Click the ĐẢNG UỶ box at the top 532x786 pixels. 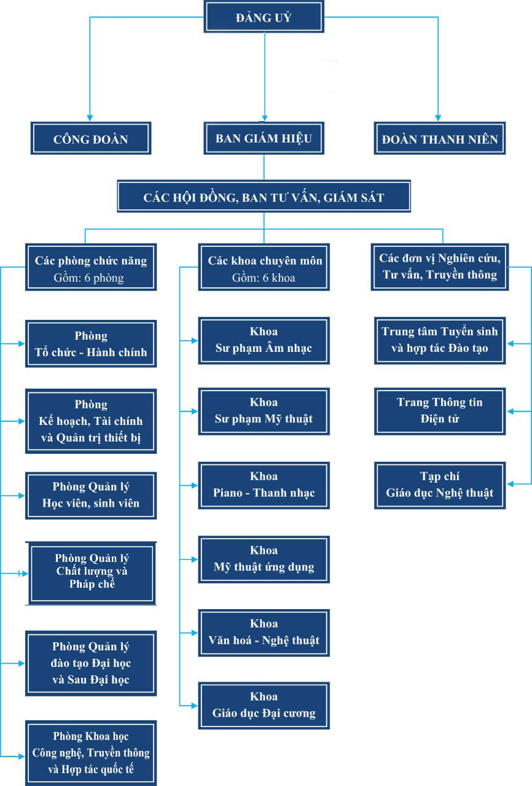(264, 17)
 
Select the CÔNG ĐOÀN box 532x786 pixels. (91, 139)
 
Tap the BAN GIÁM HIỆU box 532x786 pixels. (264, 138)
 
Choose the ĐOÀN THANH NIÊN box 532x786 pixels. (439, 139)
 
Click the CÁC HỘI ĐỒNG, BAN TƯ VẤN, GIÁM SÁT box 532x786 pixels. (264, 197)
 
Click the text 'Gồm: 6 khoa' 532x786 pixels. (264, 278)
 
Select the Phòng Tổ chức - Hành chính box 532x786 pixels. (91, 344)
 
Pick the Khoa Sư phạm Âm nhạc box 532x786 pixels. (264, 340)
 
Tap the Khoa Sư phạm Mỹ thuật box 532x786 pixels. (264, 411)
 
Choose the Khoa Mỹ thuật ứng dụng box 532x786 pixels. (264, 559)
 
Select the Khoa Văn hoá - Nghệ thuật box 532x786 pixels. (264, 632)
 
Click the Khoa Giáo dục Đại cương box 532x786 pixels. (264, 705)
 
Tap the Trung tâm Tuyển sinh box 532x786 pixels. (439, 340)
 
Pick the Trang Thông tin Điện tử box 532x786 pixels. (439, 411)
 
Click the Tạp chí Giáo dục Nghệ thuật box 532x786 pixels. (439, 485)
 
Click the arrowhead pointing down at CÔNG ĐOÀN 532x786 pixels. (90, 117)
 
